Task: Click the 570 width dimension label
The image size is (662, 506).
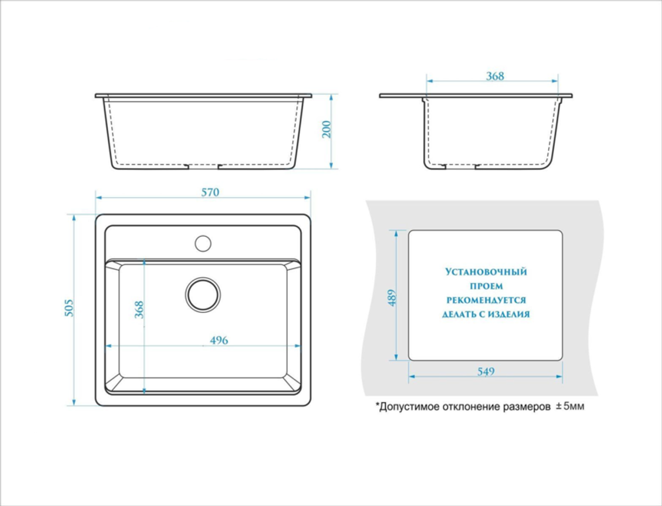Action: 211,192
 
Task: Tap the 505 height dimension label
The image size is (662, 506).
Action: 69,308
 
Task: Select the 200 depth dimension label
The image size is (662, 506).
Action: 326,130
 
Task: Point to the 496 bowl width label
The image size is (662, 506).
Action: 218,340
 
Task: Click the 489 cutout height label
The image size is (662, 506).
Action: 392,298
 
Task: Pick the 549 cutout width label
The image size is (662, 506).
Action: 486,372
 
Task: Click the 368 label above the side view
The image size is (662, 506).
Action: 495,76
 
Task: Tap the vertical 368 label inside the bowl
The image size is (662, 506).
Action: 139,310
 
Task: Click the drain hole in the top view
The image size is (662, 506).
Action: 203,294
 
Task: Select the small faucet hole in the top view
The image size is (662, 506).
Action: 203,243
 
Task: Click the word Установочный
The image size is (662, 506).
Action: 486,272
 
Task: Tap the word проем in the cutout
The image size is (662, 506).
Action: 487,286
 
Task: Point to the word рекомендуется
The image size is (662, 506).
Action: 487,300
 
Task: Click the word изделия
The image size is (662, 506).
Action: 509,315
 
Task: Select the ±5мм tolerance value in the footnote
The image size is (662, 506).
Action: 570,407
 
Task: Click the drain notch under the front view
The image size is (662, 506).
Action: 203,166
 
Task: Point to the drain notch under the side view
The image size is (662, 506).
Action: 460,166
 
